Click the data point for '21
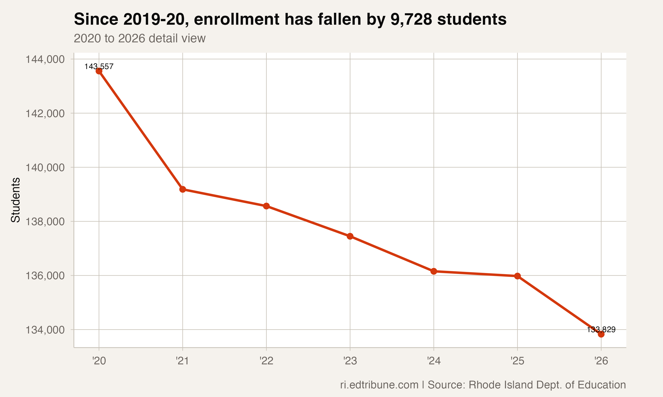click(183, 189)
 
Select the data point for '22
click(266, 206)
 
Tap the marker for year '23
click(350, 236)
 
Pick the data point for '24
click(434, 271)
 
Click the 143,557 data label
click(99, 66)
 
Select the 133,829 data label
click(601, 330)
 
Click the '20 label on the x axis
click(99, 361)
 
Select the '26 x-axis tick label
click(601, 361)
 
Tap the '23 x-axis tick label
click(350, 361)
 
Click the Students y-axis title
click(15, 200)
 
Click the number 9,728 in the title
click(411, 20)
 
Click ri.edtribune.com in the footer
click(379, 385)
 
